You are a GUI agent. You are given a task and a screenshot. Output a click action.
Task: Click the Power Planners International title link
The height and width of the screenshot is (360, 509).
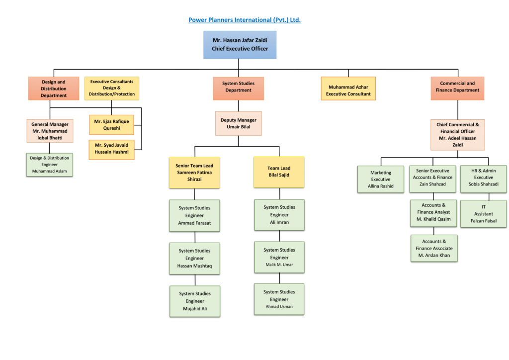(x=245, y=20)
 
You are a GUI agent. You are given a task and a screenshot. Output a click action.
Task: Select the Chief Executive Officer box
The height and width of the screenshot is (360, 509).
(x=240, y=45)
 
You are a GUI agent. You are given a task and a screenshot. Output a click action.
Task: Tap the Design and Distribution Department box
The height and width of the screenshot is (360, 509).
(x=54, y=89)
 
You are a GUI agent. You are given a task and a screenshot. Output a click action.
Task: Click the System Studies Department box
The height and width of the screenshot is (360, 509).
(x=238, y=89)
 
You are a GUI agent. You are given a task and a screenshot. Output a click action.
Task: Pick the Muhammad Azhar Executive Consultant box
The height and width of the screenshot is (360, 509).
(x=348, y=89)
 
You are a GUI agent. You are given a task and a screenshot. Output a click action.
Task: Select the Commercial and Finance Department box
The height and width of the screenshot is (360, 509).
(x=457, y=89)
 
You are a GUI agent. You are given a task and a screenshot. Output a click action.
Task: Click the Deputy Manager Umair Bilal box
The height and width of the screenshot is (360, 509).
(x=238, y=123)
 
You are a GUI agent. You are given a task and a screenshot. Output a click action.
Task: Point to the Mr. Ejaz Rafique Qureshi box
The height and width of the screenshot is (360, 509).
(x=112, y=125)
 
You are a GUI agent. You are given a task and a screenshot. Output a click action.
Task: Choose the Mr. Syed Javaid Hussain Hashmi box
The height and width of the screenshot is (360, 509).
(x=112, y=150)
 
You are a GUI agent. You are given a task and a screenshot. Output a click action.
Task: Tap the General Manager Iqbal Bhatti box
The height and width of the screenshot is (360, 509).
(x=50, y=131)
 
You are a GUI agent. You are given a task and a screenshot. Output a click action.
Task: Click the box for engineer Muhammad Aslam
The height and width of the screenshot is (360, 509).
(x=49, y=165)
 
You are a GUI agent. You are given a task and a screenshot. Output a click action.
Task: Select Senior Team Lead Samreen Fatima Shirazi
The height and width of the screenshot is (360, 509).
(x=194, y=173)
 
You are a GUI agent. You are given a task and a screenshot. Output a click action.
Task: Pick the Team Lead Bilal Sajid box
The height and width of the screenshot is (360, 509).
(x=279, y=172)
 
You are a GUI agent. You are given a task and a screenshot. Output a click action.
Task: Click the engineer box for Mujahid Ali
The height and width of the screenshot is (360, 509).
(x=195, y=301)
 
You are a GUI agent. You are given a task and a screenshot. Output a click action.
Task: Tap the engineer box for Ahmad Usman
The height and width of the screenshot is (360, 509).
(x=279, y=299)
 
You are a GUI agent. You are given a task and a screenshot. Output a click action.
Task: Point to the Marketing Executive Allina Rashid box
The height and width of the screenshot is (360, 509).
(x=380, y=179)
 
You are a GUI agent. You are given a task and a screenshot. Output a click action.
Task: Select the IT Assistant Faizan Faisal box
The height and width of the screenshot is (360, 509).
(x=483, y=214)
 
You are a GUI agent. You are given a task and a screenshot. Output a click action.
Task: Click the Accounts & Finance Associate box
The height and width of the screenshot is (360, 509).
(x=434, y=248)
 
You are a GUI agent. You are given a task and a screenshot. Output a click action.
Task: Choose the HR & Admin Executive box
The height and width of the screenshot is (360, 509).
(x=483, y=179)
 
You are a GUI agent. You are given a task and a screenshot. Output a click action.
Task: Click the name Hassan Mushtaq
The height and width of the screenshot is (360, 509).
(x=194, y=266)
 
